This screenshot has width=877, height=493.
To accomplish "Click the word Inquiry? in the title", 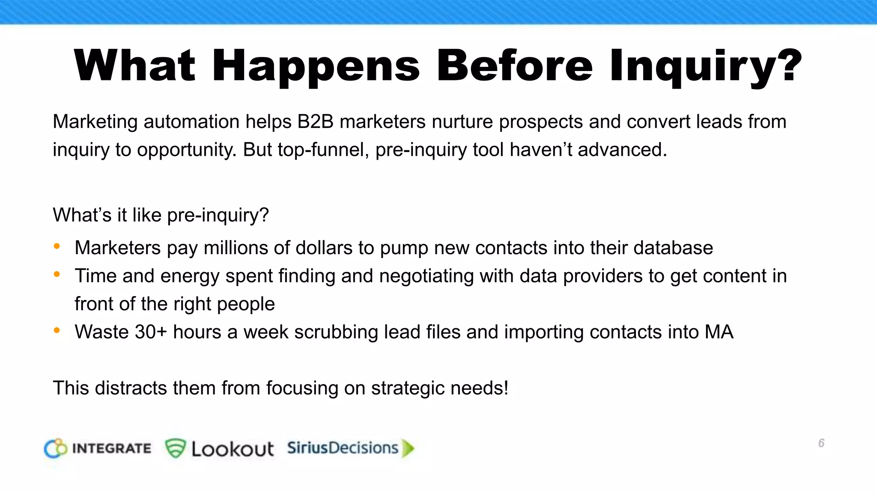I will click(x=705, y=66).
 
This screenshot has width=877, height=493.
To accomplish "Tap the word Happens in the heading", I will click(x=316, y=66).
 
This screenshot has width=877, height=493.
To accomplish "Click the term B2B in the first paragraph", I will click(x=315, y=122).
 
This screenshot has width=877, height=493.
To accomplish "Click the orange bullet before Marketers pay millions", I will click(x=57, y=246).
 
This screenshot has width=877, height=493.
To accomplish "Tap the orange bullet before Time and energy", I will click(x=57, y=275).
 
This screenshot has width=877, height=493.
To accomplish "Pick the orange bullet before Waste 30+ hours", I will click(x=57, y=330).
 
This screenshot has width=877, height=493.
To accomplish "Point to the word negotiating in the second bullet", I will click(x=426, y=276).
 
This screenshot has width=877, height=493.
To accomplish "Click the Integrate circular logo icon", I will click(x=56, y=448).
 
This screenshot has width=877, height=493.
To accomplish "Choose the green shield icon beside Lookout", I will click(x=175, y=448).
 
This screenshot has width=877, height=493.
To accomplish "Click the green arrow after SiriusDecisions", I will click(x=408, y=448).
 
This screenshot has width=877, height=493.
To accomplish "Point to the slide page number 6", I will click(x=821, y=443).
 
